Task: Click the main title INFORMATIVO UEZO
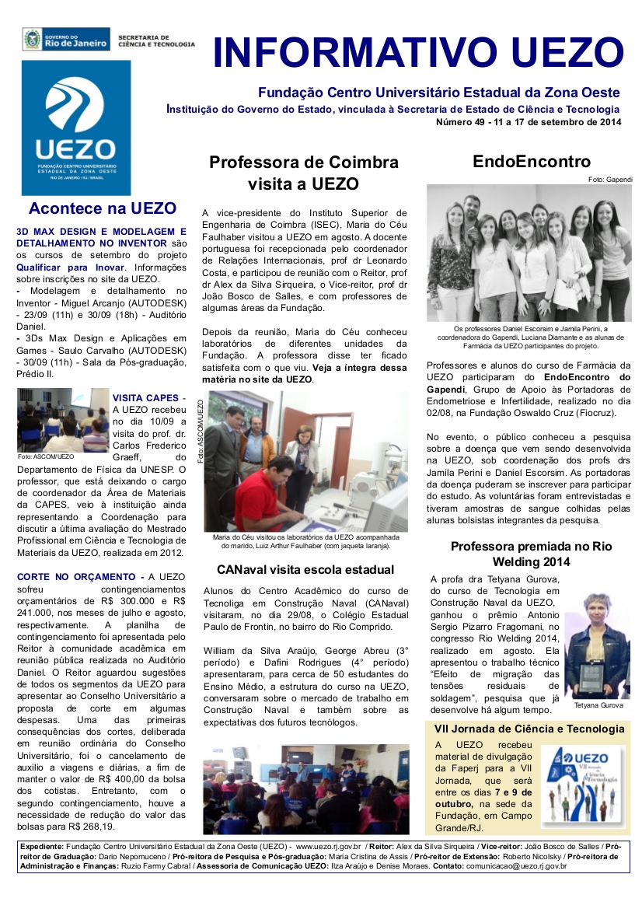[x=418, y=52]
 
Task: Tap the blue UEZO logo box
[x=76, y=128]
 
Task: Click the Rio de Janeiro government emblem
[x=33, y=39]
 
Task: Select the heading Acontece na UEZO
[x=102, y=208]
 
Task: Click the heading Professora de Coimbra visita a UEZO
[x=303, y=173]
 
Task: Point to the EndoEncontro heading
[x=532, y=162]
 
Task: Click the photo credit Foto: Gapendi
[x=610, y=180]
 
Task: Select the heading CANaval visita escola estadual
[x=305, y=570]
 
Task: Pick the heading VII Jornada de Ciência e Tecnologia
[x=529, y=729]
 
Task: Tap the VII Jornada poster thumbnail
[x=581, y=785]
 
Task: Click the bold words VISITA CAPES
[x=146, y=397]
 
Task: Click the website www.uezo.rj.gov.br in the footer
[x=327, y=845]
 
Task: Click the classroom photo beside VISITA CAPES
[x=63, y=420]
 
